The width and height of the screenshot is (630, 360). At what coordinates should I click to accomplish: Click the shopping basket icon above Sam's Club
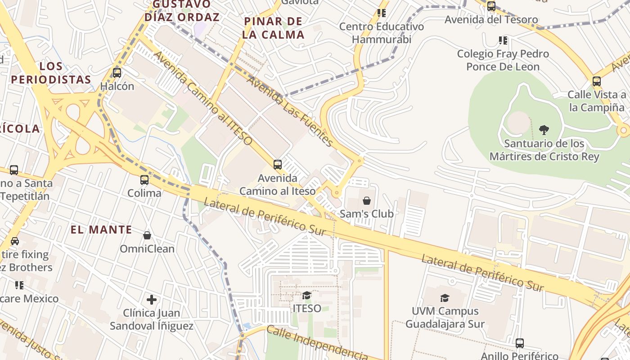[367, 201]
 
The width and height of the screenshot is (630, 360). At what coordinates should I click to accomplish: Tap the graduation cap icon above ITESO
[307, 295]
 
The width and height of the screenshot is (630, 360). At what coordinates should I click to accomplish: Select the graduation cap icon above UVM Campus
[445, 298]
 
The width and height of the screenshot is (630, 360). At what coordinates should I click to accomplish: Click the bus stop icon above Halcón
[117, 72]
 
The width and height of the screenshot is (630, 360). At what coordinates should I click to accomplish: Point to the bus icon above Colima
[144, 180]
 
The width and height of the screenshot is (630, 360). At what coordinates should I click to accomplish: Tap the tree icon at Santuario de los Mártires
[544, 130]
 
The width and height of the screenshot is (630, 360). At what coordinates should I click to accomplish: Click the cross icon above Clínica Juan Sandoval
[152, 299]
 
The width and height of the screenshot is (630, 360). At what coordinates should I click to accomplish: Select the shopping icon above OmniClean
[147, 235]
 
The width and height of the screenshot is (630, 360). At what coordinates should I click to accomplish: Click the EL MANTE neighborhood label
[101, 229]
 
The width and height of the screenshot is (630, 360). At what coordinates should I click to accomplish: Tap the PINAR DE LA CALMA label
[273, 28]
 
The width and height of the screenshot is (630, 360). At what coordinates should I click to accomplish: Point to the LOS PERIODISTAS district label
[51, 73]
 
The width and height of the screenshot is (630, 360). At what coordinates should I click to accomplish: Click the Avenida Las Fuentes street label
[290, 112]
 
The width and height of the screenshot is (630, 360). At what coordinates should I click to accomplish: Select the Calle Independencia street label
[317, 343]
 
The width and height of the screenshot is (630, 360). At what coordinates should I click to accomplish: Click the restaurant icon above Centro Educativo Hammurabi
[382, 13]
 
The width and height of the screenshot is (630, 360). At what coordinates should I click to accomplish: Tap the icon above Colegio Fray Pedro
[503, 40]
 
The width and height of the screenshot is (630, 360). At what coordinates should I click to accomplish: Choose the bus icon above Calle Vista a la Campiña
[597, 81]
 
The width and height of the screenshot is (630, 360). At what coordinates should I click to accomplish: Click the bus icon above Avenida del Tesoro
[491, 6]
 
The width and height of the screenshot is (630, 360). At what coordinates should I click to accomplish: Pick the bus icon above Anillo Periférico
[520, 343]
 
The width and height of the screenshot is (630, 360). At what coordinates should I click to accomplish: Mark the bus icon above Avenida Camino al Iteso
[278, 165]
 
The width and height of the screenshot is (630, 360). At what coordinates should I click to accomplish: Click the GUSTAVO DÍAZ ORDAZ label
[182, 11]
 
